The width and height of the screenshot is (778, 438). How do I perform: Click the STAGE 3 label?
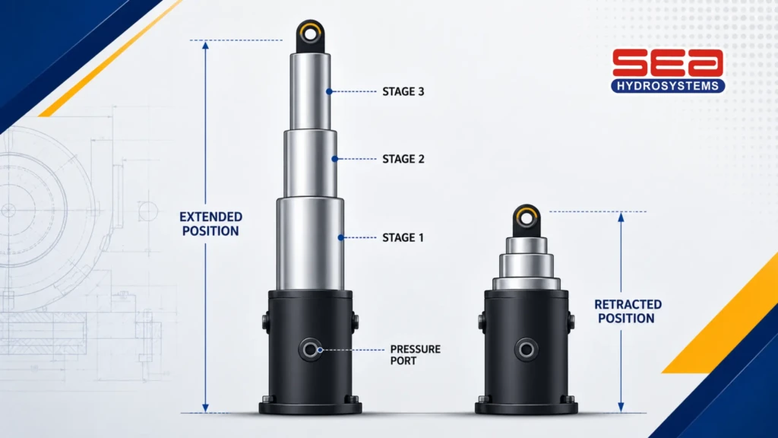point(403,91)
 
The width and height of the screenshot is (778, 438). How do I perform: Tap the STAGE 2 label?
point(403,159)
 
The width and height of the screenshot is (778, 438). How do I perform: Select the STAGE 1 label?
point(403,237)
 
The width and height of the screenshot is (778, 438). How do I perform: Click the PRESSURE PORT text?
point(416,355)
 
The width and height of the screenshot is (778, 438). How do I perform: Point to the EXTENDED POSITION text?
point(211,224)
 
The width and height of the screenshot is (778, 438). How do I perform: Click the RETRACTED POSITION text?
point(628,311)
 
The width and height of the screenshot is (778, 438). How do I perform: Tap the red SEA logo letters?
point(668,62)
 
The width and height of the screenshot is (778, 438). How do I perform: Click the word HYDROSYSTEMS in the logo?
point(668,86)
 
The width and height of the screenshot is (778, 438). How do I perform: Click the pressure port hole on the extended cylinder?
point(311,350)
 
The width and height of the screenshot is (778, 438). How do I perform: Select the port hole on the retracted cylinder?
point(526,350)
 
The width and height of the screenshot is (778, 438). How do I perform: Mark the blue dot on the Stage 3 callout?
point(329,91)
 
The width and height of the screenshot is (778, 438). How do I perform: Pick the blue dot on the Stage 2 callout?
point(335,159)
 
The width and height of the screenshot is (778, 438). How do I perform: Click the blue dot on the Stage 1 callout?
point(341,237)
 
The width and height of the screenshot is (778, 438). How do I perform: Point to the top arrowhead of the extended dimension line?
point(205,45)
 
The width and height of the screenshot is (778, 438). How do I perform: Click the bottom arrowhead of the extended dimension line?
point(205,408)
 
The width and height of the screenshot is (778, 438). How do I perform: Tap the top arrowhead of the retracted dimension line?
point(621,217)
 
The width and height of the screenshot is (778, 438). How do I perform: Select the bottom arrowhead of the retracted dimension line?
point(621,408)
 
